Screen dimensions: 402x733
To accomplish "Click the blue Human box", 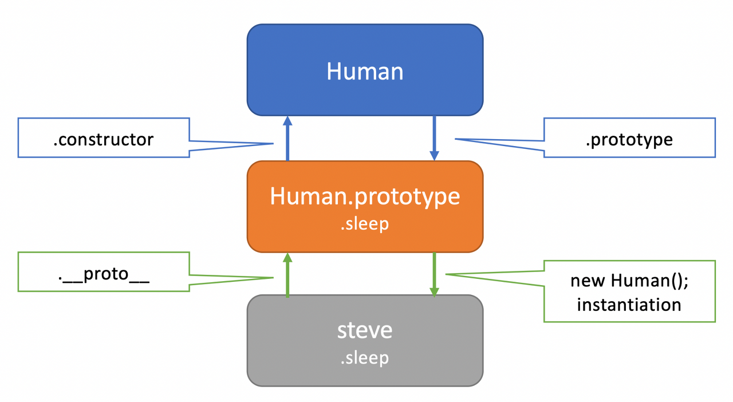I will [x=365, y=92].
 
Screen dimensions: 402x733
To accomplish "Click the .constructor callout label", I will [x=104, y=139].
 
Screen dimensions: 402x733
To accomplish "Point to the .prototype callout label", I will [x=629, y=139].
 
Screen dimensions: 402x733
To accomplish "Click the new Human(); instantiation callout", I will [x=629, y=291].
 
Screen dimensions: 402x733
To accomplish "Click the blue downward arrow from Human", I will [x=435, y=137].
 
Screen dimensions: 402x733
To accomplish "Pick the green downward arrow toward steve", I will [x=435, y=274].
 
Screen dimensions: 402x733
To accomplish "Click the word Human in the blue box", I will [x=365, y=72].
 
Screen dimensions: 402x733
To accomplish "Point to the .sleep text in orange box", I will [x=365, y=223].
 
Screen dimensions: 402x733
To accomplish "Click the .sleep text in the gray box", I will [x=365, y=357].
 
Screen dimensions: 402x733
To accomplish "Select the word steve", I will [x=365, y=330].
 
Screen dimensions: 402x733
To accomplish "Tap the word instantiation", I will [x=629, y=304].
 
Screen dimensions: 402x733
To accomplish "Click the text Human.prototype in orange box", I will [x=365, y=196].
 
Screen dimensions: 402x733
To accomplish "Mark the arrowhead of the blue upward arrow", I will [x=287, y=120].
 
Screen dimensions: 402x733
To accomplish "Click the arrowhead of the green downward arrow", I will [x=435, y=291].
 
